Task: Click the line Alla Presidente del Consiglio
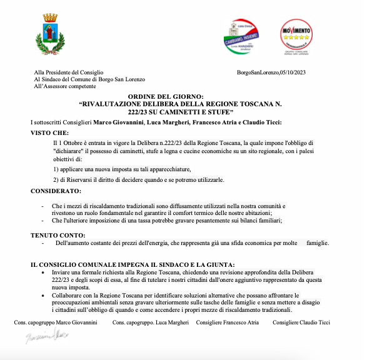pyautogui.click(x=69, y=72)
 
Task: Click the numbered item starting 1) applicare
pyautogui.click(x=122, y=169)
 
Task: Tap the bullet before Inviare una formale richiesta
pyautogui.click(x=42, y=273)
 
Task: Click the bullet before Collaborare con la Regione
pyautogui.click(x=42, y=294)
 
